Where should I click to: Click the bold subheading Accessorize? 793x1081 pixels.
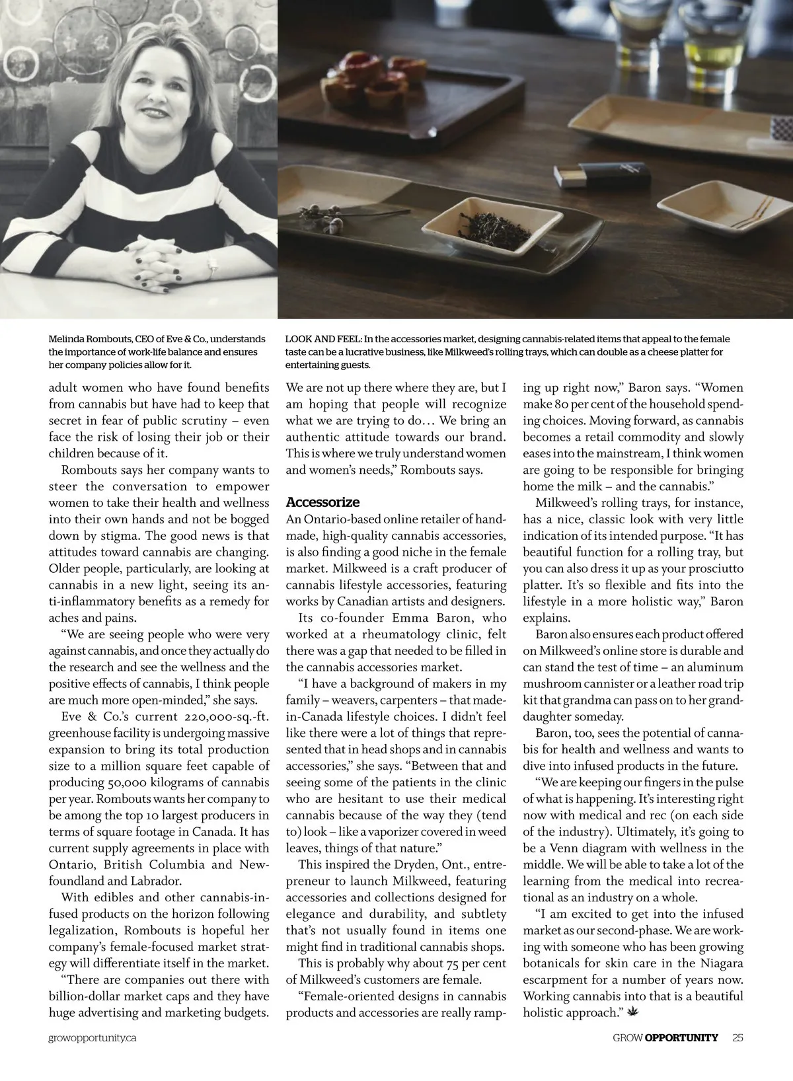pos(322,502)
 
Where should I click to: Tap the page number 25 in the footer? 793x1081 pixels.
pos(737,1037)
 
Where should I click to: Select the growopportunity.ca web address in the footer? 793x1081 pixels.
pos(93,1038)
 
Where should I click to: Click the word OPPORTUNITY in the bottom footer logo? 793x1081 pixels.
pos(681,1037)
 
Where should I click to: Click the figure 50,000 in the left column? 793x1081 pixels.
pos(134,783)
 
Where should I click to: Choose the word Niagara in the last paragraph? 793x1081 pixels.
pos(718,963)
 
